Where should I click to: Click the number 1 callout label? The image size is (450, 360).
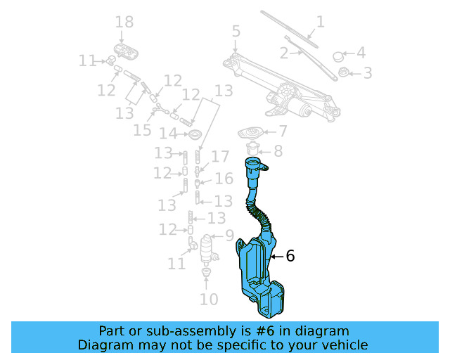(320, 22)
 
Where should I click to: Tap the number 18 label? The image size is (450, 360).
(124, 22)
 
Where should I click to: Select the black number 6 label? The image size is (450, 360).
(290, 256)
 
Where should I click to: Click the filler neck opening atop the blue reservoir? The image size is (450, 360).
(255, 166)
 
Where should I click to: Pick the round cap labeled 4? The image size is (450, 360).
(337, 56)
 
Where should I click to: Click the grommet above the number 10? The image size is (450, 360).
(207, 272)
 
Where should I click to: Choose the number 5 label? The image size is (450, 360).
(236, 32)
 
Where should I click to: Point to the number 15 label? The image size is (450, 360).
(143, 130)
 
